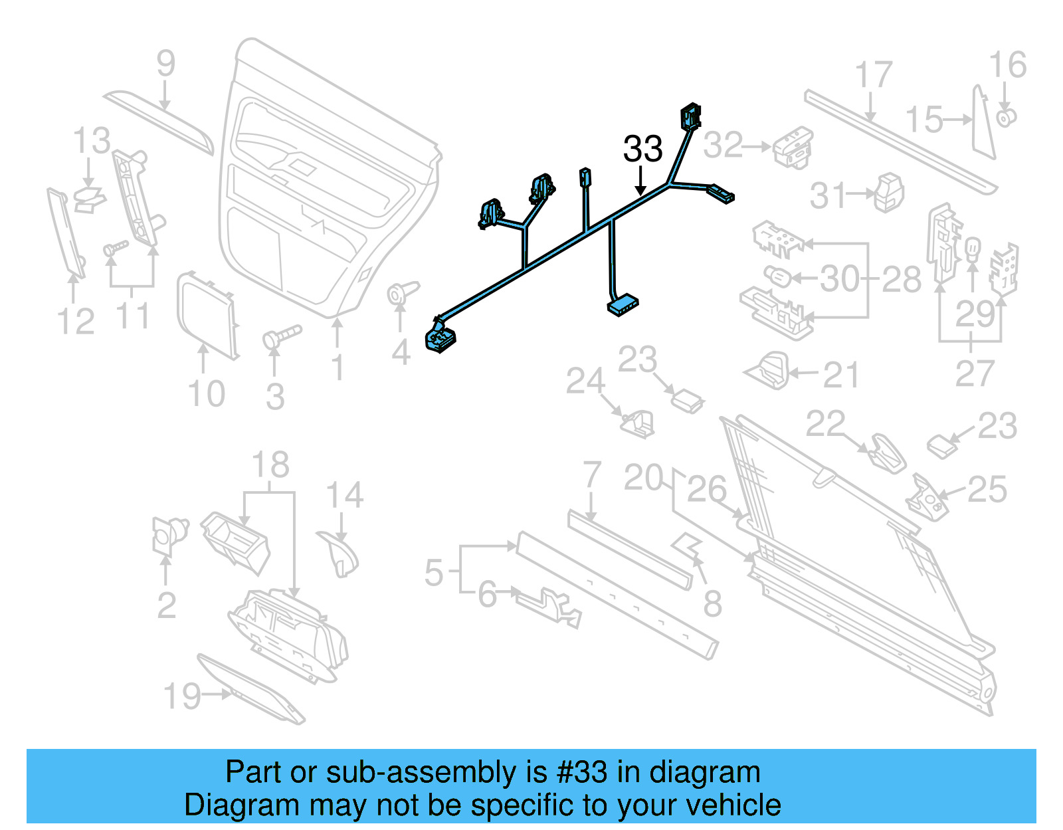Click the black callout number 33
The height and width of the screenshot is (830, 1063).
[642, 149]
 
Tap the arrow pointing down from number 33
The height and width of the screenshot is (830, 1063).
[640, 182]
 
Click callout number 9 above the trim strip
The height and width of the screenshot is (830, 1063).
[165, 64]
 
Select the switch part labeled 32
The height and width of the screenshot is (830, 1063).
[793, 147]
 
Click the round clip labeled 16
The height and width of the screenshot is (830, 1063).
[1006, 118]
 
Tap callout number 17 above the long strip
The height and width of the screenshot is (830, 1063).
[873, 75]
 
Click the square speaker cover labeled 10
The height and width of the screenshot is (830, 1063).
[207, 314]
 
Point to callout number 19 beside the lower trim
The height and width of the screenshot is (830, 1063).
[181, 696]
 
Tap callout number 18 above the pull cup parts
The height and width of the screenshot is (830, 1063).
[270, 465]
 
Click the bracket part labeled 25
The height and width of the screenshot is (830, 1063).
[927, 497]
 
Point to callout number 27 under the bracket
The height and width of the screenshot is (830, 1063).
[974, 373]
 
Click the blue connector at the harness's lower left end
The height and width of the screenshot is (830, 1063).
[439, 338]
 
